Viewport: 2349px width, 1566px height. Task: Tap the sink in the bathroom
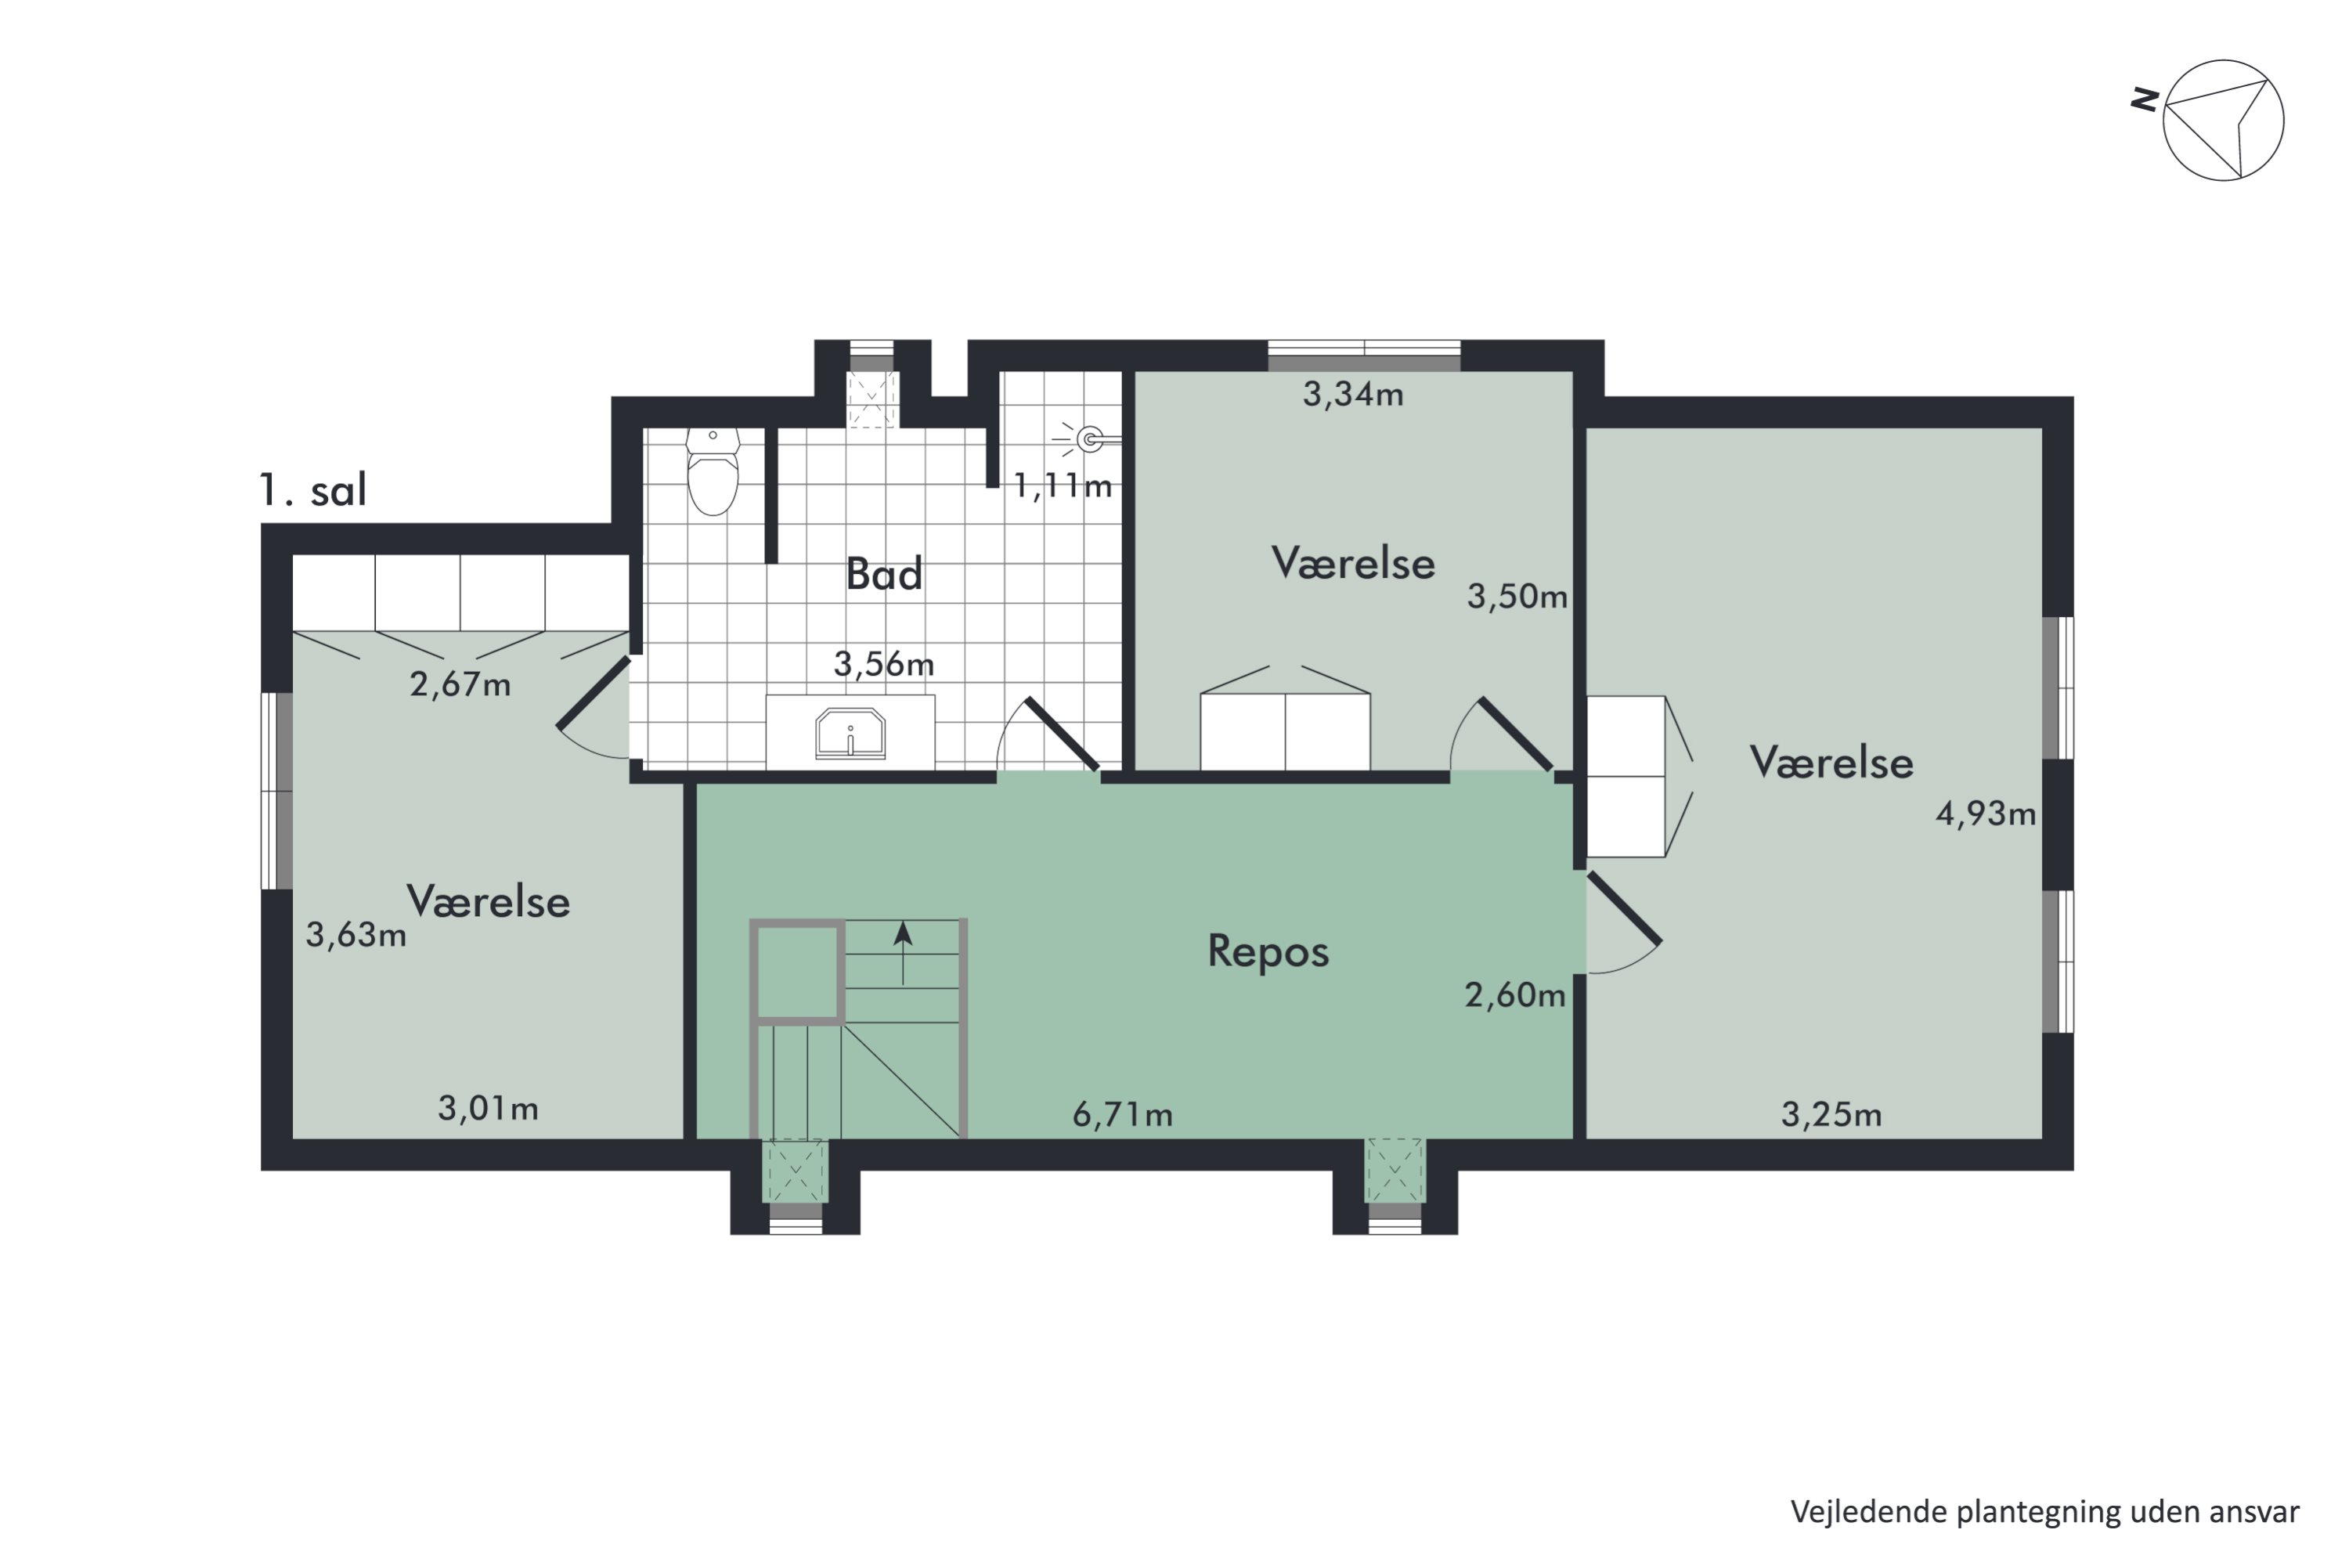[850, 734]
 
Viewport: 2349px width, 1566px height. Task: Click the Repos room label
[1268, 951]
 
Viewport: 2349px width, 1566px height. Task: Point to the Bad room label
[884, 574]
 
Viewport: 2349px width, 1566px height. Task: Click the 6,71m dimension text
[1123, 1114]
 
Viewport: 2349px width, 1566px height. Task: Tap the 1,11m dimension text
[1063, 486]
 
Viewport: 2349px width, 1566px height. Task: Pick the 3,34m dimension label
[1352, 395]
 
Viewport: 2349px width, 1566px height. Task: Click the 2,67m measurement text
[460, 684]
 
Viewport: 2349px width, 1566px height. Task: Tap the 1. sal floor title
[312, 490]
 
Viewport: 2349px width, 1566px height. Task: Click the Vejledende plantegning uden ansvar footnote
[2044, 1511]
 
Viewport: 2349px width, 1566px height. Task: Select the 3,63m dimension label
[355, 935]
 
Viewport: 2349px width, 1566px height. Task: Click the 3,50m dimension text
[1516, 597]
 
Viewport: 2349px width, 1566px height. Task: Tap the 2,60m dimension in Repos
[1514, 996]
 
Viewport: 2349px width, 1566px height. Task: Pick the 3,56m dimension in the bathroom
[884, 664]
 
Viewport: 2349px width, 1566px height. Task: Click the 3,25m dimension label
[1831, 1114]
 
